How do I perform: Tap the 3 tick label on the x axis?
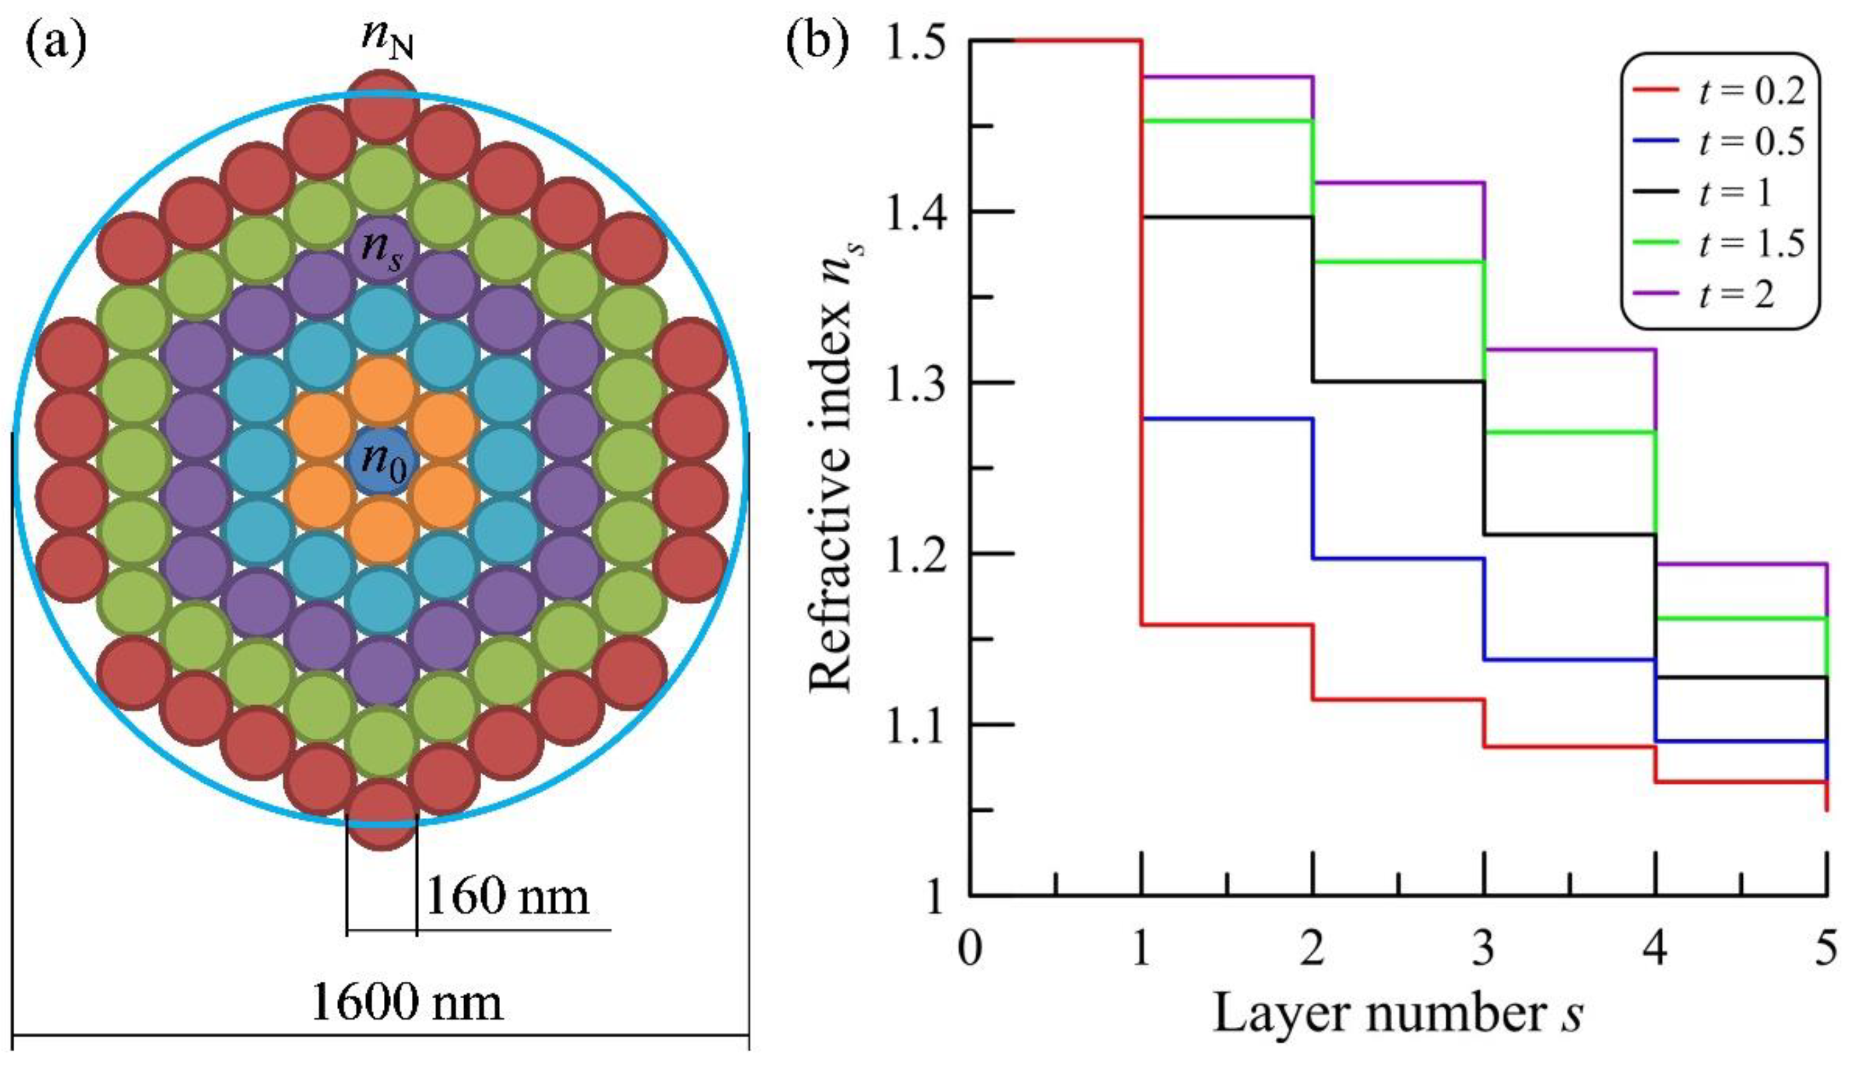(x=1484, y=950)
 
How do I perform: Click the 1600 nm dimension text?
(x=407, y=1003)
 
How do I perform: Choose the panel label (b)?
(x=817, y=42)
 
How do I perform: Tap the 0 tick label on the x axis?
(x=970, y=950)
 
